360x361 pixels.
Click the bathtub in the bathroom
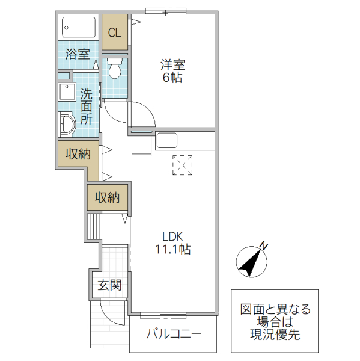click(79, 27)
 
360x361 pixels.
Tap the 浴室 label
click(78, 54)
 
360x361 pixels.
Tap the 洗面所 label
click(87, 106)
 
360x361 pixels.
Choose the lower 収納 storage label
click(107, 197)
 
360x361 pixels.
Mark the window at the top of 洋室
click(166, 10)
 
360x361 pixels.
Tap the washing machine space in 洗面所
click(66, 92)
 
